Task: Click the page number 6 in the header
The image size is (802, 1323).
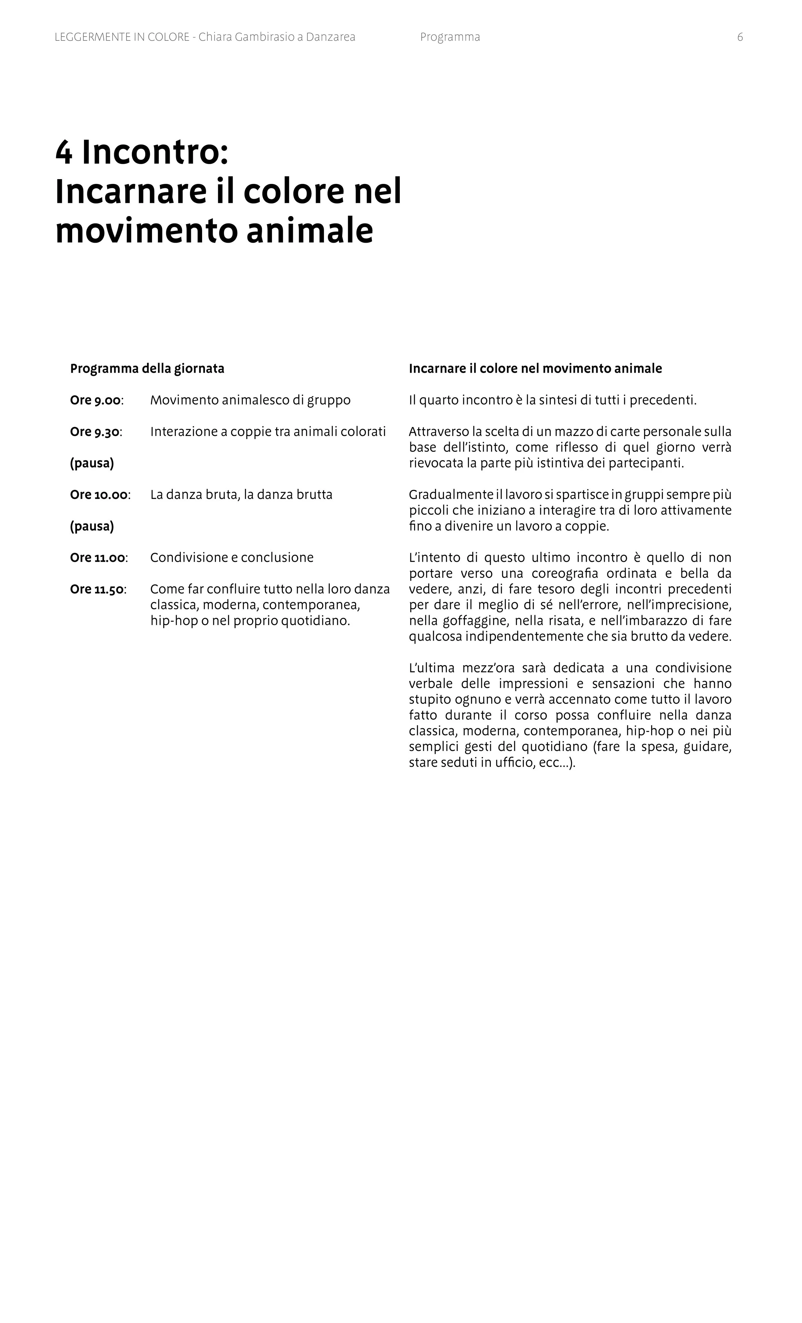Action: coord(740,37)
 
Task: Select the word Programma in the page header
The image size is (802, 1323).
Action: coord(449,37)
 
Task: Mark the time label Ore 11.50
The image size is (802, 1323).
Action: coord(98,589)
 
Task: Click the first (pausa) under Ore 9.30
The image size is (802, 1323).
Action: coord(92,463)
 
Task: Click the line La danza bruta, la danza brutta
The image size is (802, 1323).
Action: coord(241,494)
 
